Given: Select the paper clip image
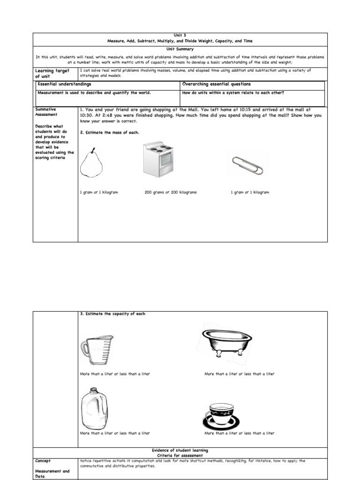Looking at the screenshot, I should [x=247, y=164].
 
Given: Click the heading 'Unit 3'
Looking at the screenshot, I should [x=180, y=35].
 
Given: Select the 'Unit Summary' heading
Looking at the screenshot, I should [x=180, y=48].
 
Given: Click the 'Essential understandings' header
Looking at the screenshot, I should [x=64, y=84].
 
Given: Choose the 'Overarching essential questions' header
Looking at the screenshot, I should [x=216, y=84].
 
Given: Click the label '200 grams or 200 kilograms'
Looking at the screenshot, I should [x=171, y=193].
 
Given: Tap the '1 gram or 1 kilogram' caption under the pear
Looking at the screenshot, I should [x=99, y=193].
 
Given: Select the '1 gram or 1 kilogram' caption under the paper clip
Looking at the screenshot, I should [x=250, y=193].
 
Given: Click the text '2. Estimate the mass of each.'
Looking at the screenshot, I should [x=110, y=133].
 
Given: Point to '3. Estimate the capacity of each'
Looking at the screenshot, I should [x=112, y=314].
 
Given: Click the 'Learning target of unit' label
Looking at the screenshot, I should [x=52, y=74].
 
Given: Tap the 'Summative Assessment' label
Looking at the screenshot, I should [x=46, y=111].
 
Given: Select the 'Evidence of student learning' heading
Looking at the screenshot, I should [x=180, y=450].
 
